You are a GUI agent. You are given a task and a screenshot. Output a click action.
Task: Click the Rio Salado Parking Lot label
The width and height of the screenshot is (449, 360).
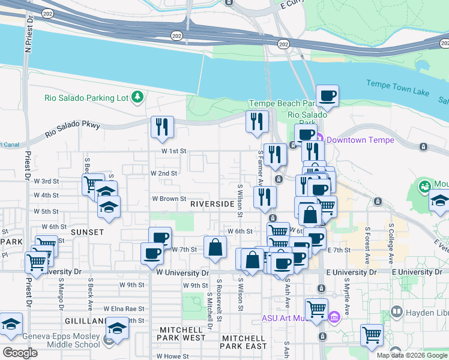coord(88,98)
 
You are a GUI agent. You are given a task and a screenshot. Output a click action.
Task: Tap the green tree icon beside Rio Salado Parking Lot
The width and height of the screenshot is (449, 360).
coord(138,96)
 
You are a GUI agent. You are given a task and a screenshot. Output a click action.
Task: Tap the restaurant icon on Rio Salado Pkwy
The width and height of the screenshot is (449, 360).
coord(162,126)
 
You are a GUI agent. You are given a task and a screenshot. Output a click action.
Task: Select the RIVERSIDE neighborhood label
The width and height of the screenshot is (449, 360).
coord(212,204)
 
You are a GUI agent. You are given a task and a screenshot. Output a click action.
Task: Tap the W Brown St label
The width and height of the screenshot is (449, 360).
coord(169,198)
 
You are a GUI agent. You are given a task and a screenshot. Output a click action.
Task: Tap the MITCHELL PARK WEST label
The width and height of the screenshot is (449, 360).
coord(182,338)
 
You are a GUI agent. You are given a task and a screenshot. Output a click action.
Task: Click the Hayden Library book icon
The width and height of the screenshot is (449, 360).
coord(396,311)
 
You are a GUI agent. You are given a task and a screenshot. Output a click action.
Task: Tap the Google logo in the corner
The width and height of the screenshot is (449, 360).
coord(20,352)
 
